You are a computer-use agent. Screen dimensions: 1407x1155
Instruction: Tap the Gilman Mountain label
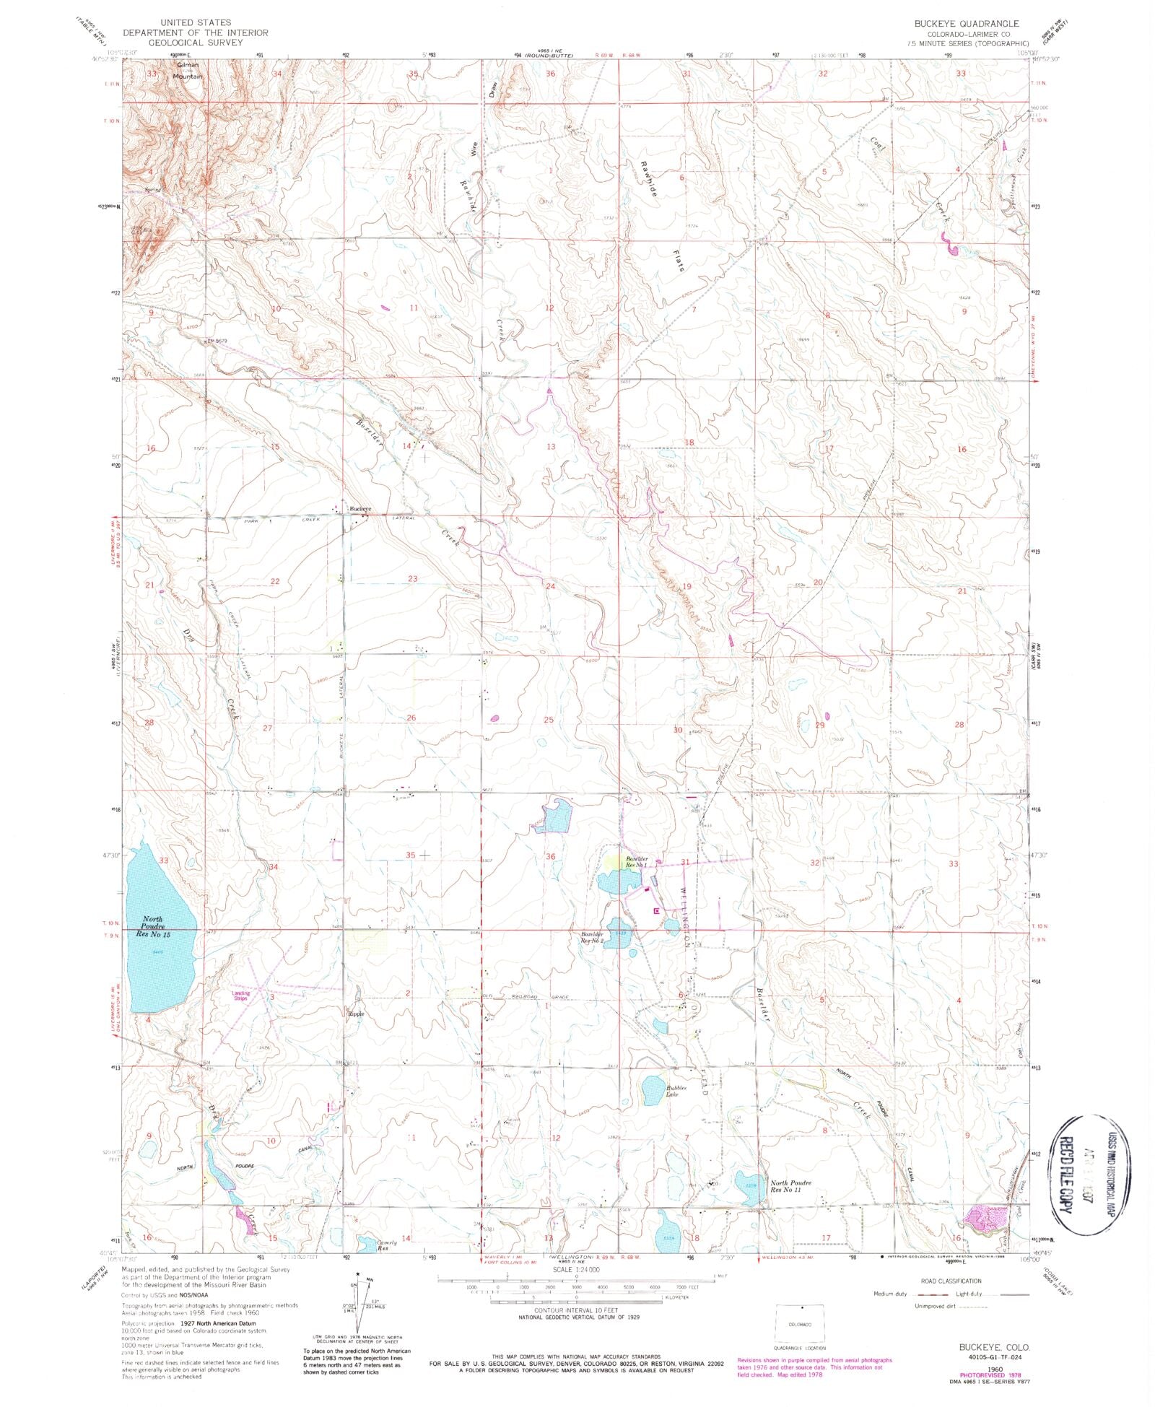(x=187, y=70)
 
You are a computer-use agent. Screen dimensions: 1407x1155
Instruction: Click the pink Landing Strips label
(x=240, y=996)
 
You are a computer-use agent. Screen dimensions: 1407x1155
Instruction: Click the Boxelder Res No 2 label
(x=592, y=938)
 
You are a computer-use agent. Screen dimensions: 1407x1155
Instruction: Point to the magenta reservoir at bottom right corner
(x=985, y=1218)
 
